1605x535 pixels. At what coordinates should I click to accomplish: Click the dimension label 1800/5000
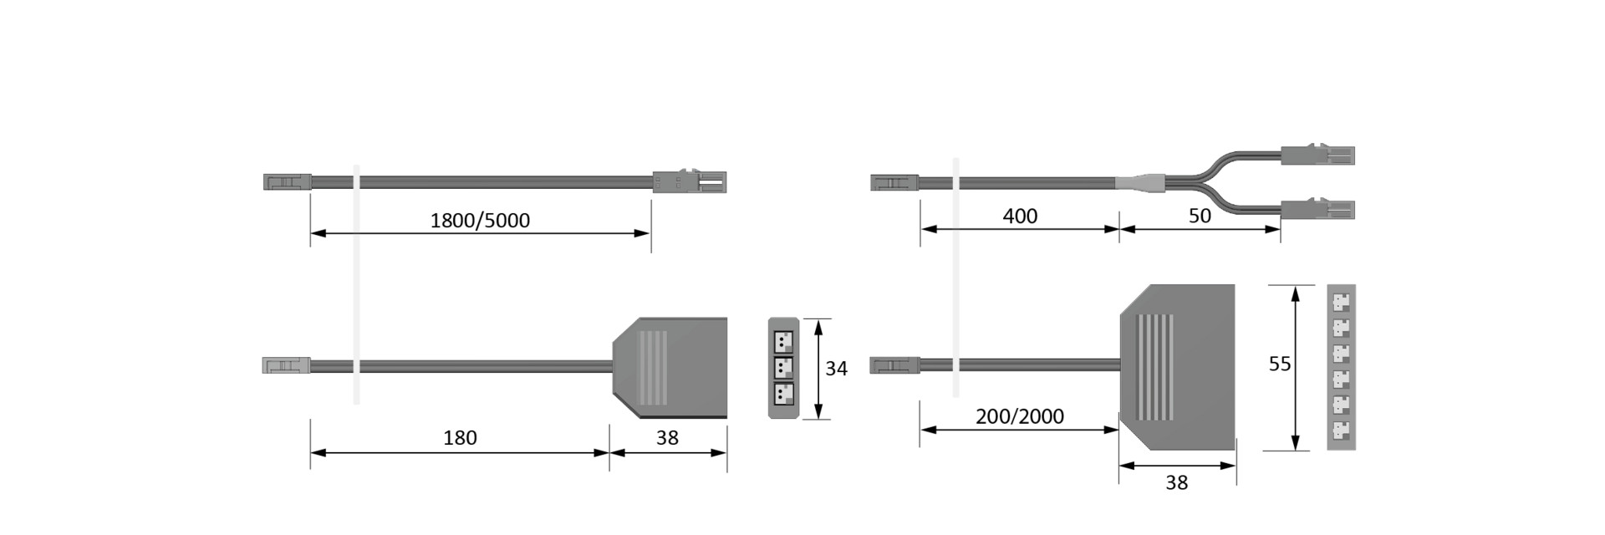(480, 220)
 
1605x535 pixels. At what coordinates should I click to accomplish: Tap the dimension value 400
(1020, 217)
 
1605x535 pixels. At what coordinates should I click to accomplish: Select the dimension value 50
(1200, 216)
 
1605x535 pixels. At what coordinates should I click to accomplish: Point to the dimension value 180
(460, 437)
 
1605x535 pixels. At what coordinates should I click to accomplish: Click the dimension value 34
(836, 369)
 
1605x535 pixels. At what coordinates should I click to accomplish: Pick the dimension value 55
(1280, 364)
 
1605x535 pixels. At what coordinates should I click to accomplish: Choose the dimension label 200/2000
(1020, 416)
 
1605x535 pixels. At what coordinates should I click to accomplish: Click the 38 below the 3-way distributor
(667, 437)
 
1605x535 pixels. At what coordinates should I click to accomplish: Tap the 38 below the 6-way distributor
(1176, 482)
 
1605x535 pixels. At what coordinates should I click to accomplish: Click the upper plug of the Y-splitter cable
(1317, 155)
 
